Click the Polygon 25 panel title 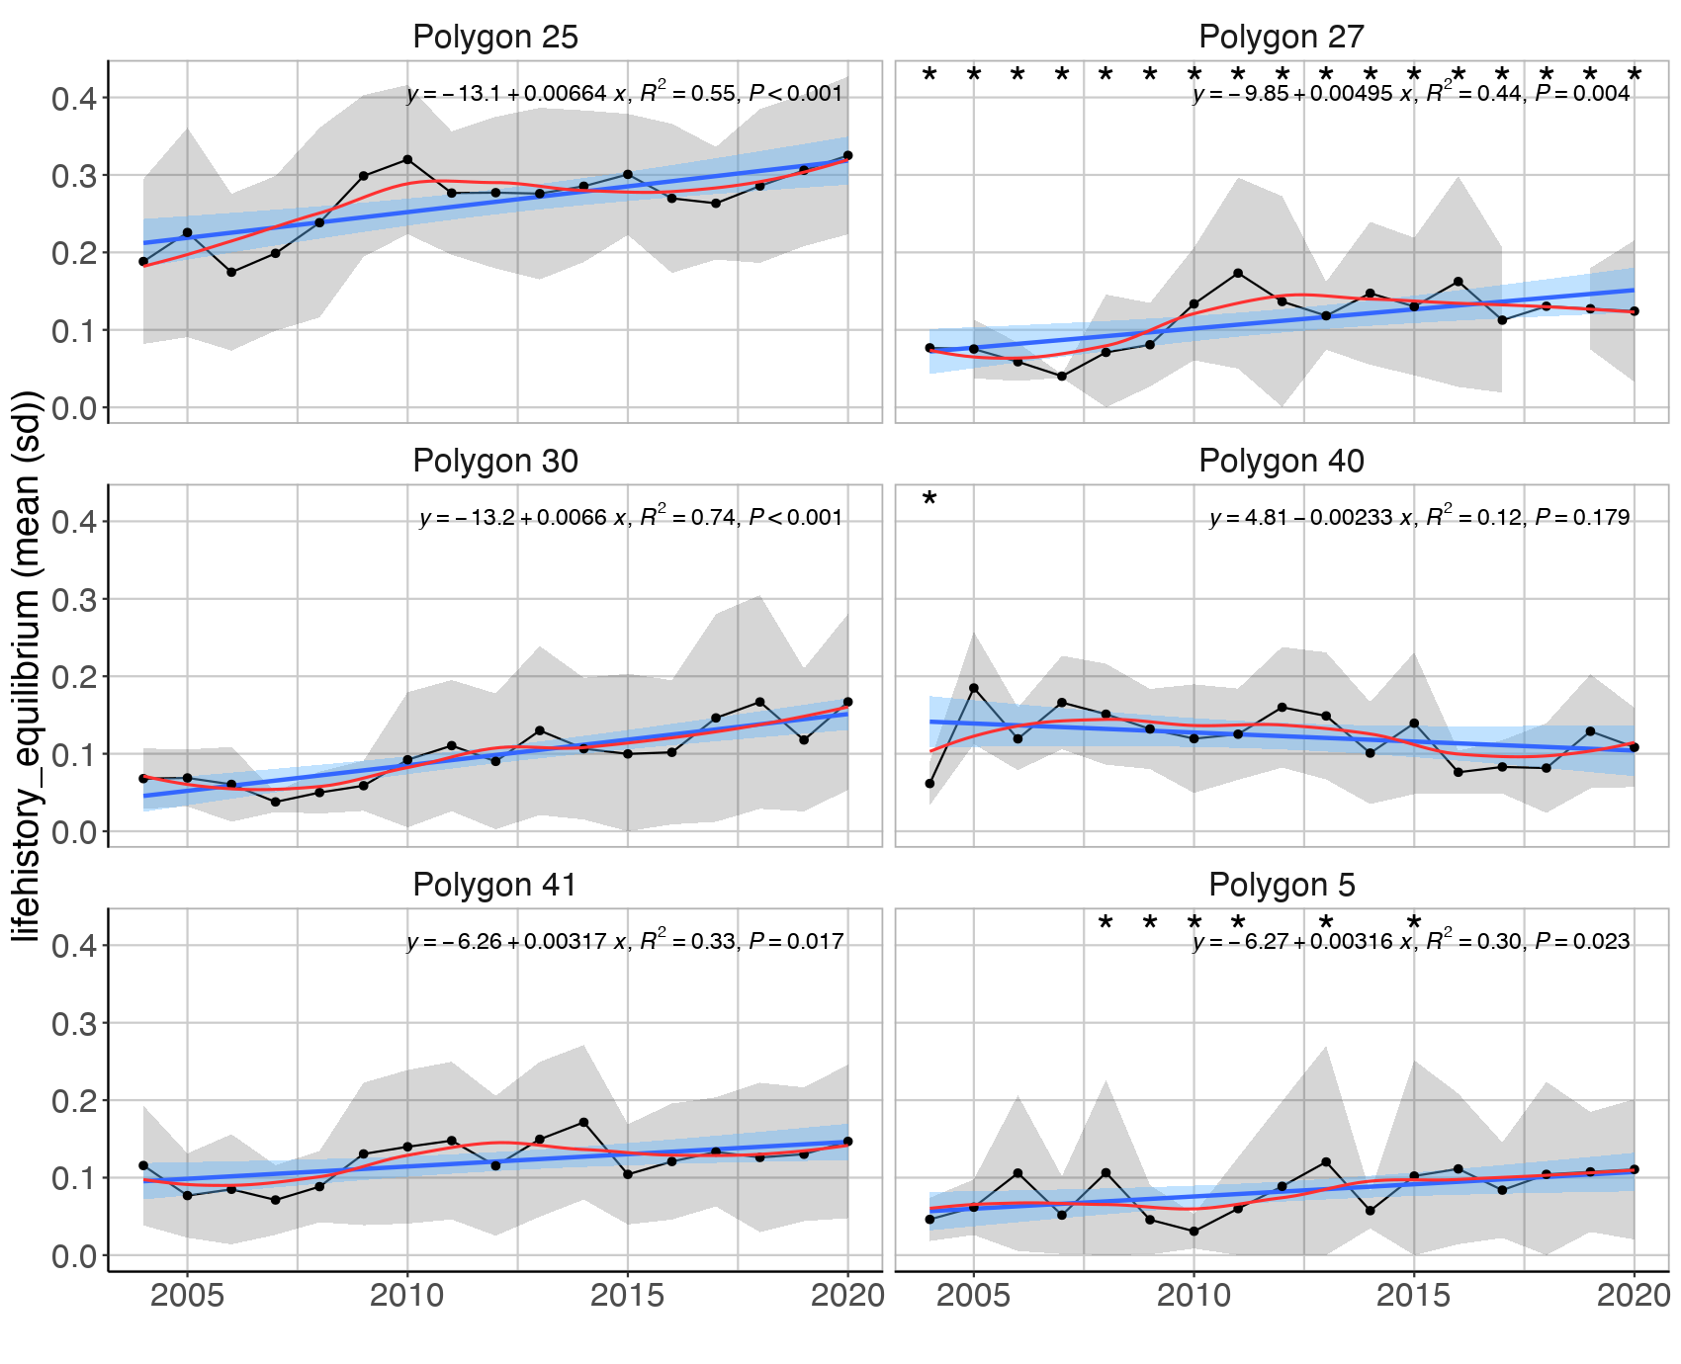coord(494,37)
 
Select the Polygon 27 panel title coord(1281,37)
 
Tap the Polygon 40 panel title coord(1281,461)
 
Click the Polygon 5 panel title coord(1281,885)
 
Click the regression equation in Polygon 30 coord(631,517)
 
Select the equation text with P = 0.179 coord(1418,517)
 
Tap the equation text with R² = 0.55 coord(624,93)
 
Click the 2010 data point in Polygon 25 coord(407,159)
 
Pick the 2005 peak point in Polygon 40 coord(974,688)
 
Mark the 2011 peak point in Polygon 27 coord(1238,273)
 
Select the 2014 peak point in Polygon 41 coord(583,1123)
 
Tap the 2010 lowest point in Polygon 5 coord(1194,1232)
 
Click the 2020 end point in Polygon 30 coord(847,702)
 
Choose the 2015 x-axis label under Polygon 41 coord(627,1296)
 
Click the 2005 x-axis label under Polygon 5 coord(974,1296)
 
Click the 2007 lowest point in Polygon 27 coord(1062,377)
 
